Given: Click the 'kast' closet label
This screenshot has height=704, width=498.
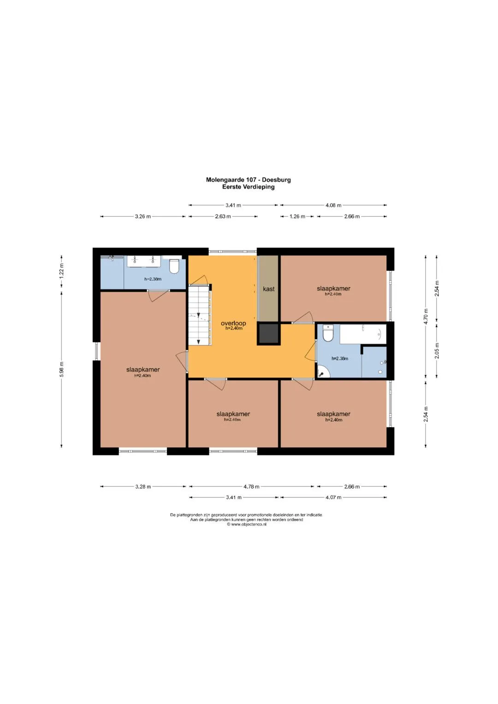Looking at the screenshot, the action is pos(269,289).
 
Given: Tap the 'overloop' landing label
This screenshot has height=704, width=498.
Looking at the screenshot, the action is pos(233,323).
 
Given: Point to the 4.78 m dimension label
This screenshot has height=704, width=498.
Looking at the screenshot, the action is pos(251,486).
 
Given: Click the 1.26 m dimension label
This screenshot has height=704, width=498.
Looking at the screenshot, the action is pos(297,216).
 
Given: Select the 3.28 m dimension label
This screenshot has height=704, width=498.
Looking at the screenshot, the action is pos(143,486).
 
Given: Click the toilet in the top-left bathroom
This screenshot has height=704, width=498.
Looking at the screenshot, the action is pos(173,266).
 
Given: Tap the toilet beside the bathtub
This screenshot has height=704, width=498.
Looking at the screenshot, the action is pos(327,333).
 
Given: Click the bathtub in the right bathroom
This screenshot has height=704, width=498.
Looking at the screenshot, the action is pos(363,334).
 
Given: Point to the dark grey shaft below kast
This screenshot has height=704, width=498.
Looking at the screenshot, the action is pos(268,334).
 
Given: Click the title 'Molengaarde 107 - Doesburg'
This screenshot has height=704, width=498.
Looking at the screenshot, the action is pos(249,180).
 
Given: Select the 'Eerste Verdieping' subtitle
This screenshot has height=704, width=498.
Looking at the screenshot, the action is pos(249,187).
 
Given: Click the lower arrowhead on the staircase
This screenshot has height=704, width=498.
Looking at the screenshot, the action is pos(198,342).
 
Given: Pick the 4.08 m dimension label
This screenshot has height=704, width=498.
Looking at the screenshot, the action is pos(333,205).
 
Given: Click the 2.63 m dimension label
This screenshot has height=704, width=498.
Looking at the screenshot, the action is pos(223,216).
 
